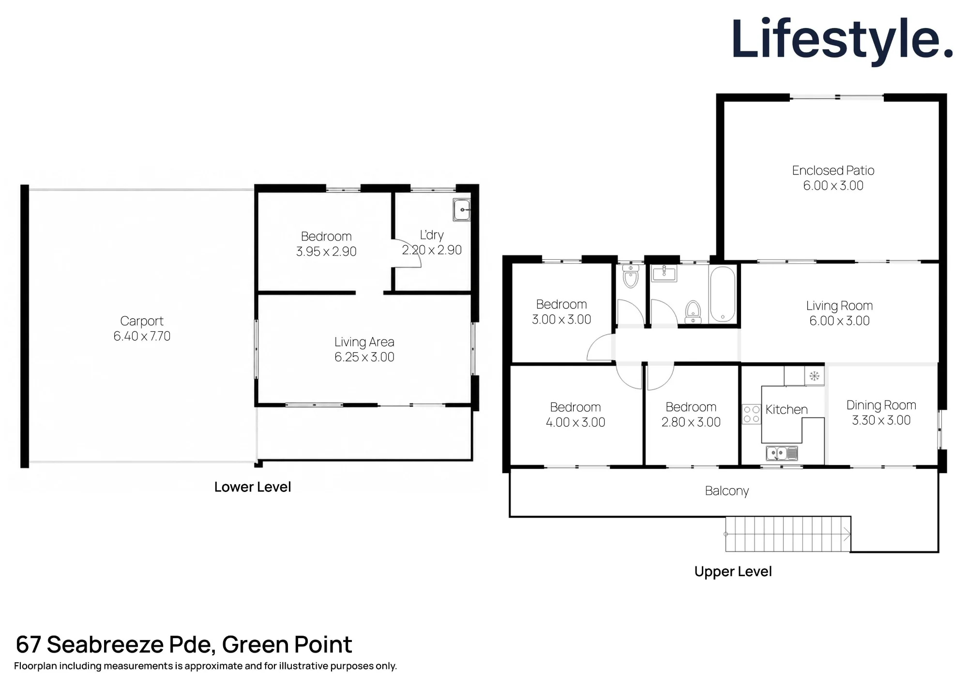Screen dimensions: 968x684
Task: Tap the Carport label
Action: tap(142, 321)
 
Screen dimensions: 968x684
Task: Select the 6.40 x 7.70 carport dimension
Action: tap(142, 336)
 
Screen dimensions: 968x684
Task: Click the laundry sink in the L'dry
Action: tap(462, 210)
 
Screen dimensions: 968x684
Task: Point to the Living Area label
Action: tap(364, 342)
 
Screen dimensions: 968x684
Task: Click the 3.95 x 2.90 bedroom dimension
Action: tap(326, 252)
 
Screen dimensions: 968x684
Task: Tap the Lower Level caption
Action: tap(253, 487)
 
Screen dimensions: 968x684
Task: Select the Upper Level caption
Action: tap(733, 571)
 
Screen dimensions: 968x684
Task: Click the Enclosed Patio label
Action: tap(833, 170)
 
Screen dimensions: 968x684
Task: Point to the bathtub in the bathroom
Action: tap(723, 295)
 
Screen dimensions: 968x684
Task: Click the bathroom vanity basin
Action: tap(664, 274)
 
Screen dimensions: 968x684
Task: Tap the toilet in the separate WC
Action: tap(631, 277)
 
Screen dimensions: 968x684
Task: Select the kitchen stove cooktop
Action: tap(751, 414)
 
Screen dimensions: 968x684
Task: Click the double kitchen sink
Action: tap(782, 453)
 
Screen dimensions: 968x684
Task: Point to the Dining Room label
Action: tap(881, 405)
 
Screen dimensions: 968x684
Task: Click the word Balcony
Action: tap(726, 491)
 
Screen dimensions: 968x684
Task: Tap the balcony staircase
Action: tap(788, 534)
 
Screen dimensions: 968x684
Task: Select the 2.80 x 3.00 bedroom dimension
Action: tap(691, 422)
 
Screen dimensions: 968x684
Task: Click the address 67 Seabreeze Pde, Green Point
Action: tap(184, 645)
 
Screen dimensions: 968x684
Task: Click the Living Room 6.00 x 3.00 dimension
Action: tap(839, 321)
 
